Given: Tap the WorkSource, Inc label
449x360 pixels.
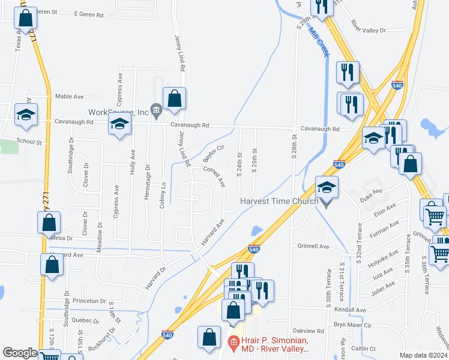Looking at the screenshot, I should [x=118, y=112].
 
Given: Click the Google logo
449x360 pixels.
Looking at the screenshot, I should [x=20, y=353].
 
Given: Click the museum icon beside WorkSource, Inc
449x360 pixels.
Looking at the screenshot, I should [x=156, y=110].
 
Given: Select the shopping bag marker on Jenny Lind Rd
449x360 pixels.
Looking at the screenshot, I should [x=174, y=100].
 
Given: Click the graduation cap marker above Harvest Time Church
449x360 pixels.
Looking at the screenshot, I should [x=327, y=188].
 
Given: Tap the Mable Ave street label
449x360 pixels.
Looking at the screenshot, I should [x=69, y=96].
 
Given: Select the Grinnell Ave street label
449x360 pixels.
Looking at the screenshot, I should [x=314, y=246].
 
